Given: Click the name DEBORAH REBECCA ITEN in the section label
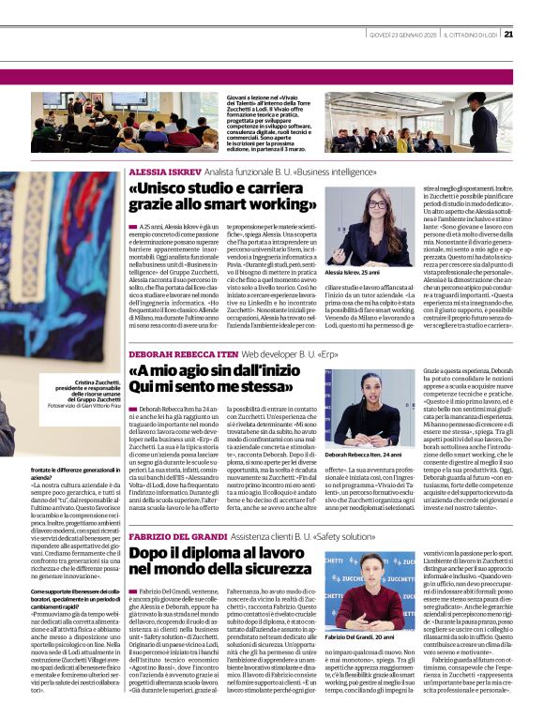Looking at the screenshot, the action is [x=183, y=354].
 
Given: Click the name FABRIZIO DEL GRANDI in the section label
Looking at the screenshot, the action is [x=178, y=535].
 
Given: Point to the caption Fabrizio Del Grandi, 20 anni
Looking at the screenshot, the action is [x=358, y=636].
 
